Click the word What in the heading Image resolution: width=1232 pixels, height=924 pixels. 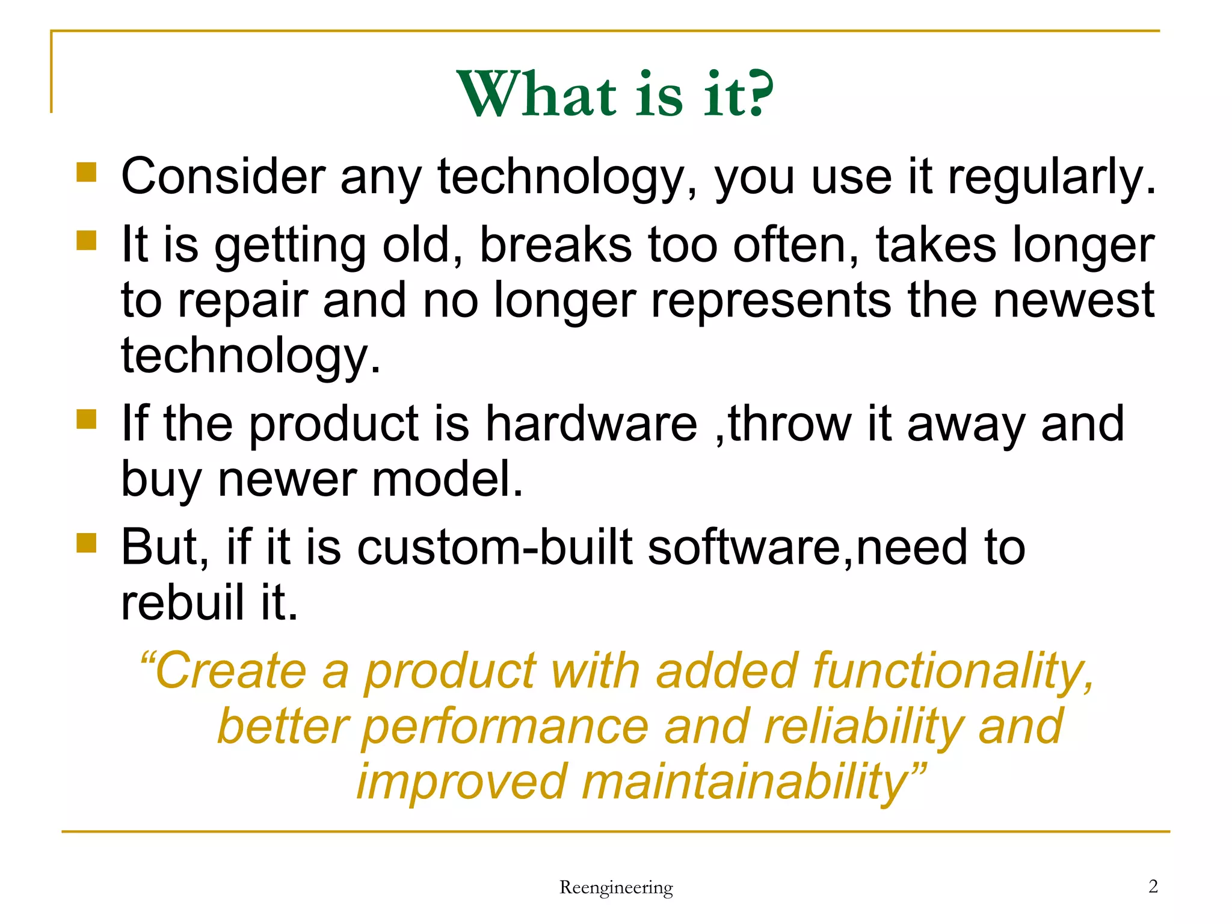pos(537,94)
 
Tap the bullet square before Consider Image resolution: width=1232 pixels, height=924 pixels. pos(87,172)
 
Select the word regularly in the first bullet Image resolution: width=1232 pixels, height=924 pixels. pos(1052,177)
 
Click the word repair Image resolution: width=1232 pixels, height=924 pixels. pos(242,301)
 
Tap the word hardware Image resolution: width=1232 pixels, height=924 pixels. pos(591,423)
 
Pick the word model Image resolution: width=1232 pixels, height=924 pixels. pos(448,479)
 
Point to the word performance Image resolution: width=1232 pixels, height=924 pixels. pos(505,727)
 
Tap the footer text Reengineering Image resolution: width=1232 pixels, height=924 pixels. pos(616,887)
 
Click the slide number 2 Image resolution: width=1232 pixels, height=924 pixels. pos(1153,886)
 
